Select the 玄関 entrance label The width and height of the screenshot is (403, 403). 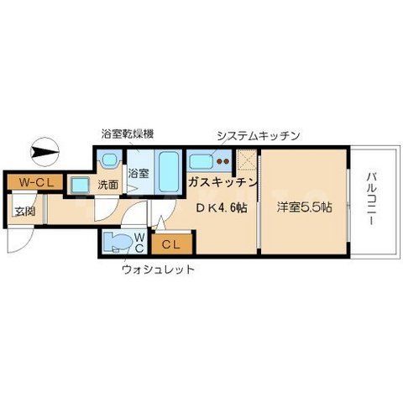pos(18,210)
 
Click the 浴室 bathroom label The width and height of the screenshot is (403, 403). pos(138,174)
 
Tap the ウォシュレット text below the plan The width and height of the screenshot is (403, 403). pos(158,270)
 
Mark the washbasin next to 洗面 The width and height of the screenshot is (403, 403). pos(81,184)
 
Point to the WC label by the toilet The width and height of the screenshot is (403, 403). pos(141,244)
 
